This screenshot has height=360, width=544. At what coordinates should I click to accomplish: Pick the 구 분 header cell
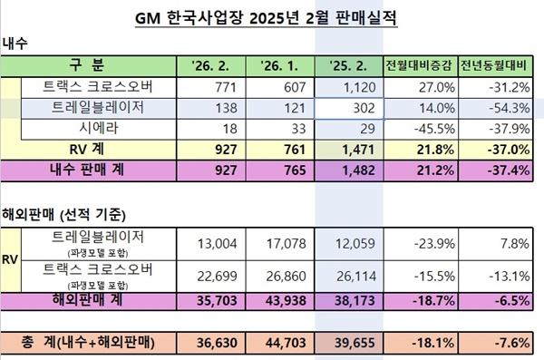[x=87, y=66]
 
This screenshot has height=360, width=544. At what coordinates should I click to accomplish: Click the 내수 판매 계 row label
[x=87, y=169]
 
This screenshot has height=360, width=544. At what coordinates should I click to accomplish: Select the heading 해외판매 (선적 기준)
[x=63, y=215]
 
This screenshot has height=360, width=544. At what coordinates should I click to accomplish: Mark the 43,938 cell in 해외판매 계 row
[x=280, y=299]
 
